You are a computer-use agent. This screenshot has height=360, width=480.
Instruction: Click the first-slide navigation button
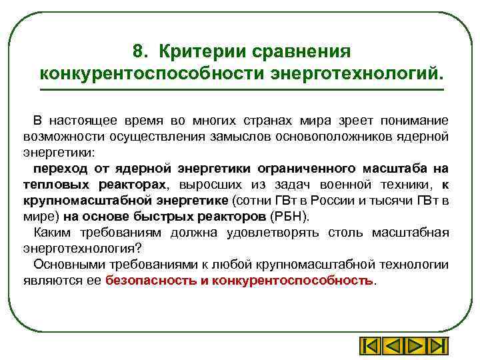click(371, 347)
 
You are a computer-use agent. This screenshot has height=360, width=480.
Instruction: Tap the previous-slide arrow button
click(393, 347)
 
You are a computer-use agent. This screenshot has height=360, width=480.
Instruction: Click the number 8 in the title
click(138, 51)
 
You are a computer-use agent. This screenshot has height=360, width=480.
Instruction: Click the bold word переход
click(61, 169)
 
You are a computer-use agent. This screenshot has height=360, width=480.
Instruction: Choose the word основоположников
click(351, 137)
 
